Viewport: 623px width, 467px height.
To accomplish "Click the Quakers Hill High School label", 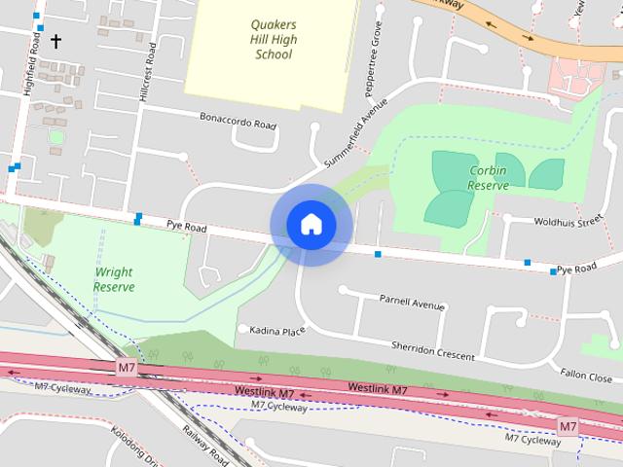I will click(x=273, y=39).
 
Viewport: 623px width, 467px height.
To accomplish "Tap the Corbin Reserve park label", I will click(x=488, y=177).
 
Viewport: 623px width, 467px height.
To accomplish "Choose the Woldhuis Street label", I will click(x=569, y=222).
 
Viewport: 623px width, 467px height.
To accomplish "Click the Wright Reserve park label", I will click(x=114, y=279).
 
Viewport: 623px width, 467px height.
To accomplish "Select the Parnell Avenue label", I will click(x=412, y=304).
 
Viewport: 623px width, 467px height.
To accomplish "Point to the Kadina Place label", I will click(x=277, y=331).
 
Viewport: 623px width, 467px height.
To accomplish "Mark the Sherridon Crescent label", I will click(x=433, y=350).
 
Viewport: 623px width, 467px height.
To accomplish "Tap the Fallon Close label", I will click(x=586, y=377).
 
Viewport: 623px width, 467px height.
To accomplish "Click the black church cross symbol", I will click(x=55, y=41).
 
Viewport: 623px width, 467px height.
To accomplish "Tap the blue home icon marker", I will click(x=311, y=224).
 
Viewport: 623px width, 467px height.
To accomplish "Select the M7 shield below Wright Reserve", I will click(x=127, y=367).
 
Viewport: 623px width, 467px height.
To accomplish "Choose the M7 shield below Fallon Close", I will click(x=568, y=426).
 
